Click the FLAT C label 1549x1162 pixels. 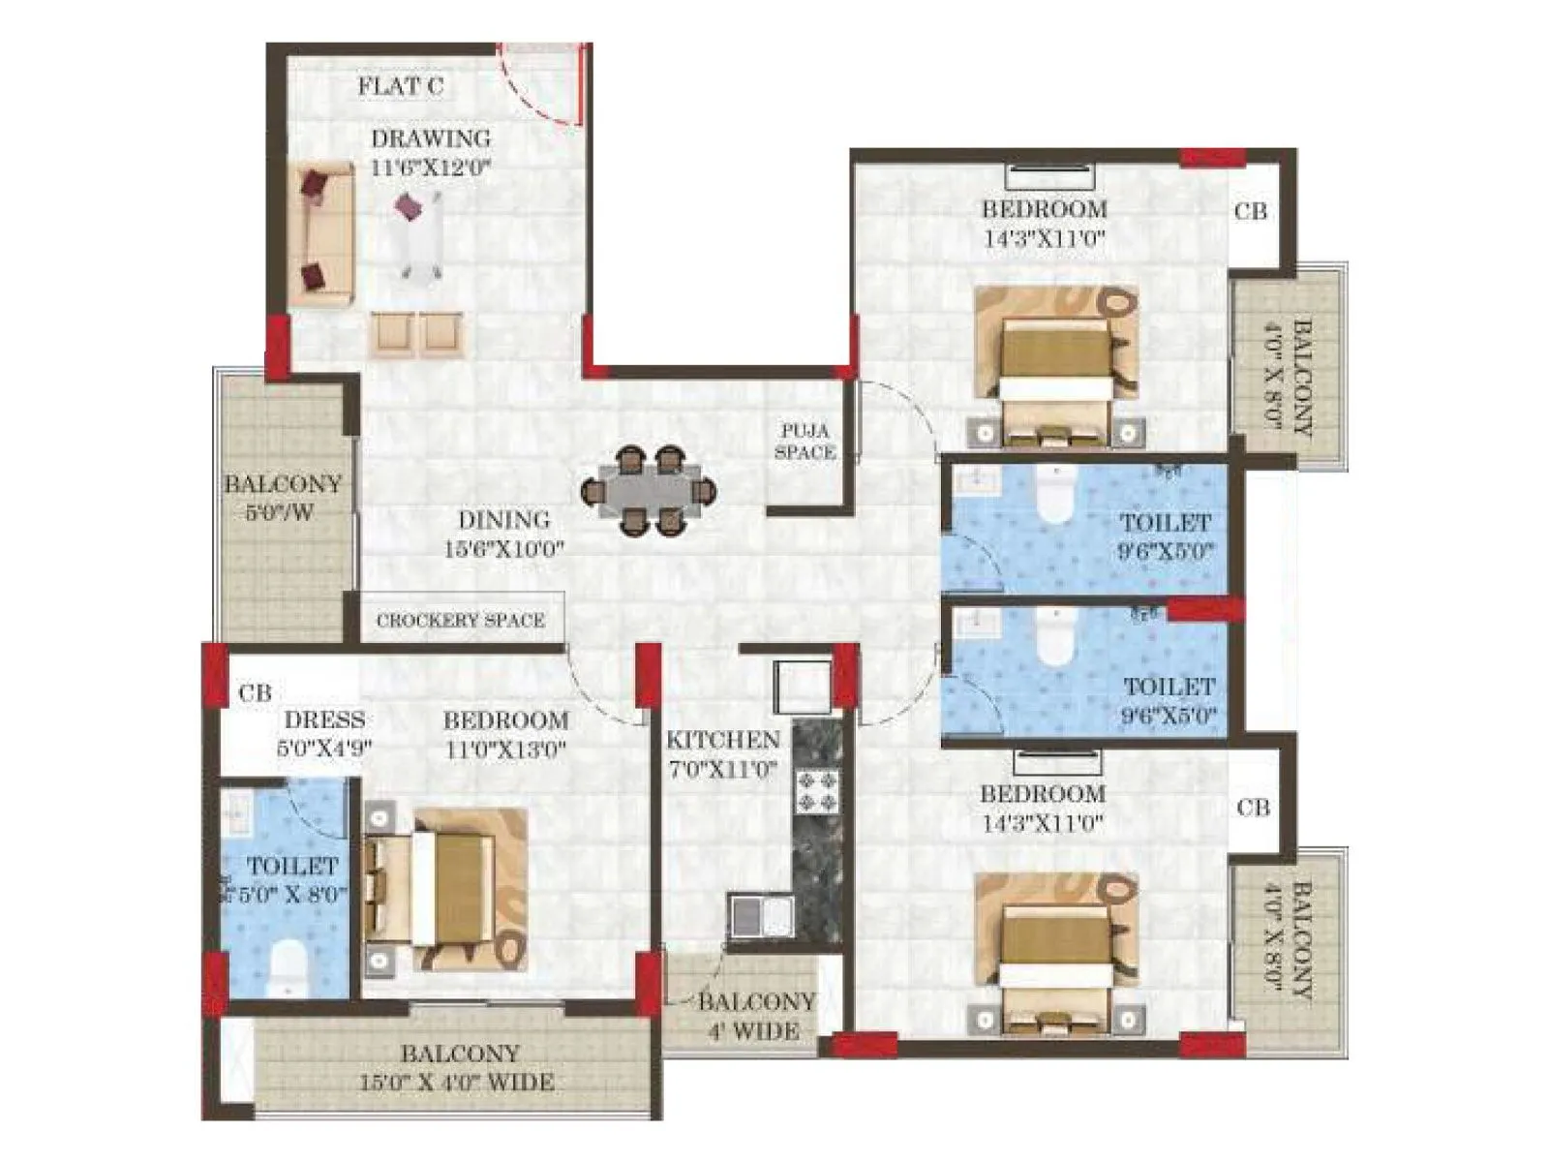tap(400, 86)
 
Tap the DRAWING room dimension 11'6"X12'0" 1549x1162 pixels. tap(431, 168)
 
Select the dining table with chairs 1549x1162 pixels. tap(648, 491)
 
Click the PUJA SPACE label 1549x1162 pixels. tap(805, 442)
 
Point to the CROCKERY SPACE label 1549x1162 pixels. tap(460, 621)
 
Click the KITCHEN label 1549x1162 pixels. tap(722, 740)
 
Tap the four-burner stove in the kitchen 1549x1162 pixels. tap(817, 789)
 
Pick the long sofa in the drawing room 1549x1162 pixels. tap(321, 234)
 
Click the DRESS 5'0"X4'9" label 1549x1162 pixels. tap(324, 733)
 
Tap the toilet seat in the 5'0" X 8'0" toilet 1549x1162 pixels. tap(287, 966)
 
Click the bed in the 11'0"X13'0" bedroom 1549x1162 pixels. tap(448, 889)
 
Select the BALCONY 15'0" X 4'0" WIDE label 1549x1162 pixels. tap(457, 1068)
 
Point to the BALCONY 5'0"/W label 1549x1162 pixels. tap(281, 497)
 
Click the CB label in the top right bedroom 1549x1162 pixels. tap(1250, 211)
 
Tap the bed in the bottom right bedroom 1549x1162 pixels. tap(1055, 954)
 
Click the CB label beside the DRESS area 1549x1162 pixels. tap(255, 693)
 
